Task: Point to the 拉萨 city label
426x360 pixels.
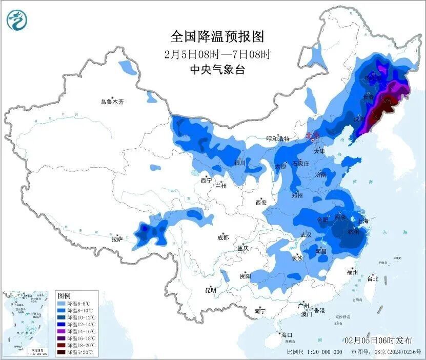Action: pos(117,239)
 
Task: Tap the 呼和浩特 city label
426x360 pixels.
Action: pos(277,139)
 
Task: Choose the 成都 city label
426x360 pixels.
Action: pos(223,237)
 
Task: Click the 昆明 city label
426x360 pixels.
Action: pos(211,290)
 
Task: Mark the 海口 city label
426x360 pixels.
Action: pos(286,335)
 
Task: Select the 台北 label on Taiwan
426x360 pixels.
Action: pos(373,279)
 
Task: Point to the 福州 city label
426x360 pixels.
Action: pos(352,272)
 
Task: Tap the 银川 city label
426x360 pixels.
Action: pos(240,163)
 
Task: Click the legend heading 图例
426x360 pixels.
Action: pos(64,296)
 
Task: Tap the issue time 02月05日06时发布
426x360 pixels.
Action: pos(378,340)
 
